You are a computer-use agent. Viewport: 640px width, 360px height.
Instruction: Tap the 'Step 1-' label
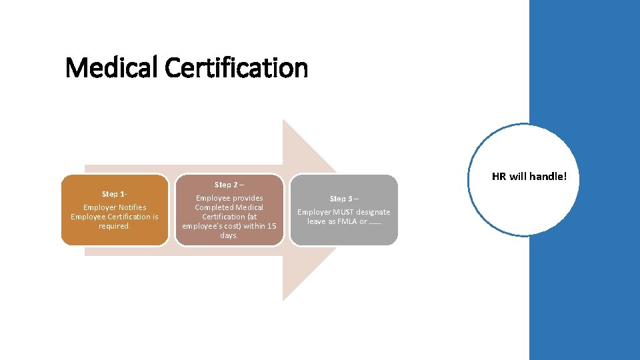pos(114,194)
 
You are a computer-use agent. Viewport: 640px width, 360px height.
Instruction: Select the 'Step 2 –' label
pos(229,185)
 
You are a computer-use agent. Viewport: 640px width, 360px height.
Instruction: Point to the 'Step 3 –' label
pos(344,199)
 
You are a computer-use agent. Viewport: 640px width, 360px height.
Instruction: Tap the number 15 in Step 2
pos(271,226)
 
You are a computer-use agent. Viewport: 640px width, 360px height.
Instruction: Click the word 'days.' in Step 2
pos(229,235)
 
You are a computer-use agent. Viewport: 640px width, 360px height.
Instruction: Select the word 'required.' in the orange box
pos(114,226)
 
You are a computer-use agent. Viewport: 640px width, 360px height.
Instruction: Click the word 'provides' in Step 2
pos(247,198)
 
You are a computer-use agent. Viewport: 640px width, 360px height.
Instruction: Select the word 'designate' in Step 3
pos(373,212)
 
